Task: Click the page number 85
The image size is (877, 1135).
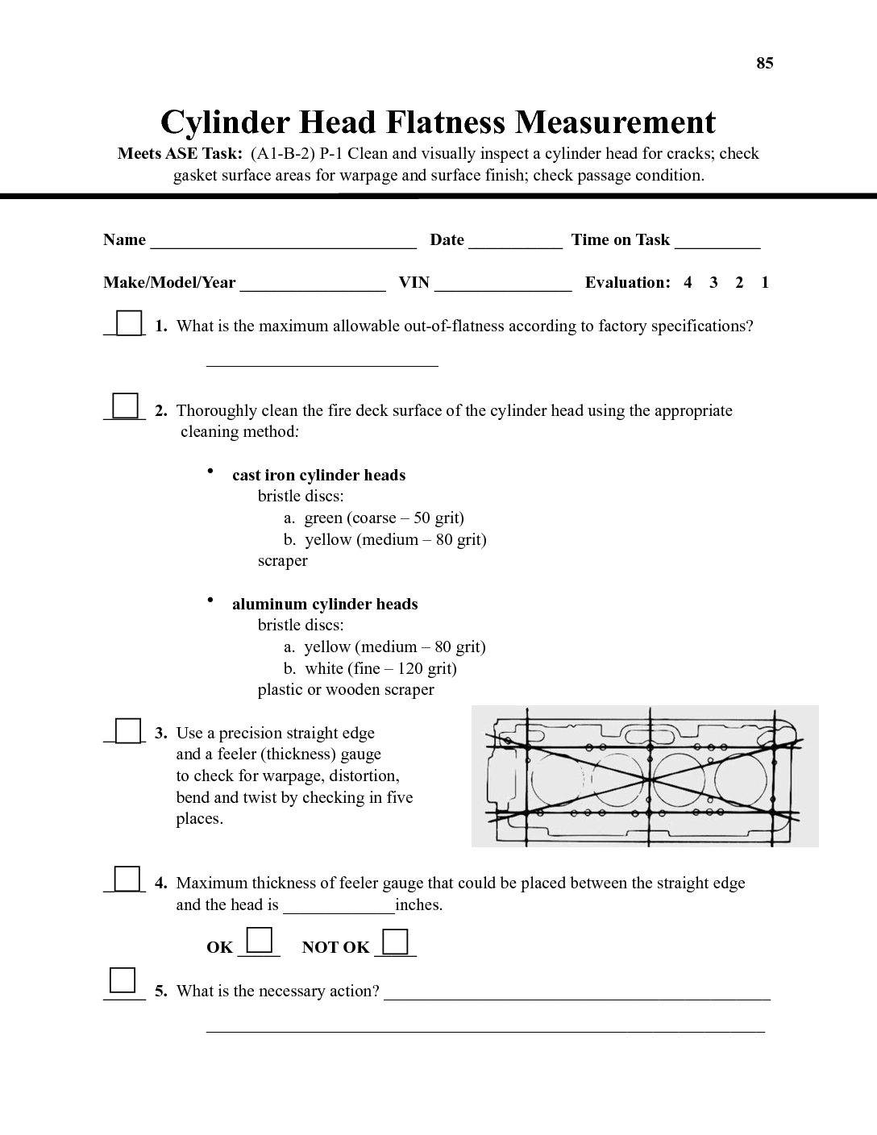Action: pyautogui.click(x=764, y=64)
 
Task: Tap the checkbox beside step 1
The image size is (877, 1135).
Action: pyautogui.click(x=129, y=323)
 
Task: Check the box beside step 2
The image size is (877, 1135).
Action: pyautogui.click(x=125, y=405)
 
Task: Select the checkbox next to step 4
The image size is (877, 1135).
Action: pyautogui.click(x=126, y=879)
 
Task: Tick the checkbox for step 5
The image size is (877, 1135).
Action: pyautogui.click(x=123, y=980)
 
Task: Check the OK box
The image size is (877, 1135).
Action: pyautogui.click(x=259, y=941)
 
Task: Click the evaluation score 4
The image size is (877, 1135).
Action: pyautogui.click(x=688, y=283)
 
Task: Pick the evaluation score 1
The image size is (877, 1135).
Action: pyautogui.click(x=765, y=283)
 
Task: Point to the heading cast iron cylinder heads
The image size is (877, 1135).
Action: pyautogui.click(x=318, y=476)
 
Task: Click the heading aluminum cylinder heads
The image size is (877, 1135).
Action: pyautogui.click(x=325, y=605)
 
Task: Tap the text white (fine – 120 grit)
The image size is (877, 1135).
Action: pyautogui.click(x=380, y=668)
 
